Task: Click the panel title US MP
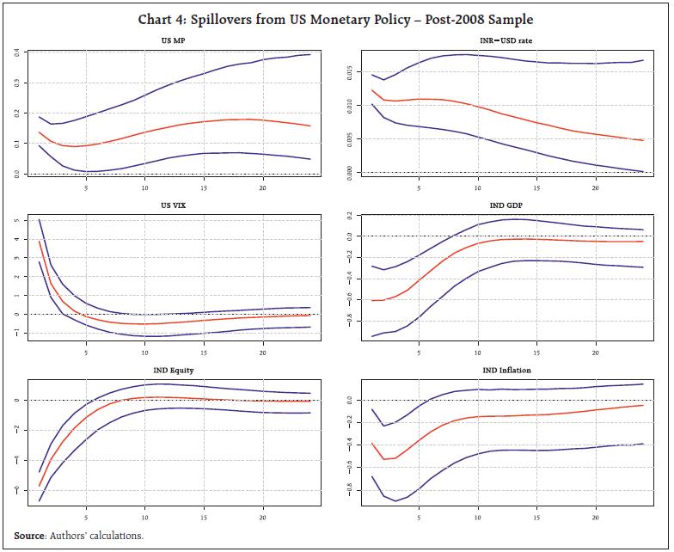pos(175,40)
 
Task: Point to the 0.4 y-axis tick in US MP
pos(17,53)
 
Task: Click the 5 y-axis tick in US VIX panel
pos(17,220)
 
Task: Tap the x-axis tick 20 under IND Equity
pos(262,518)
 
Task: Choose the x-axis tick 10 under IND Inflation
pos(477,518)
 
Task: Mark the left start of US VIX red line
pos(39,241)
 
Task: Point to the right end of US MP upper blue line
pos(310,54)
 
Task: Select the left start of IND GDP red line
pos(372,300)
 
